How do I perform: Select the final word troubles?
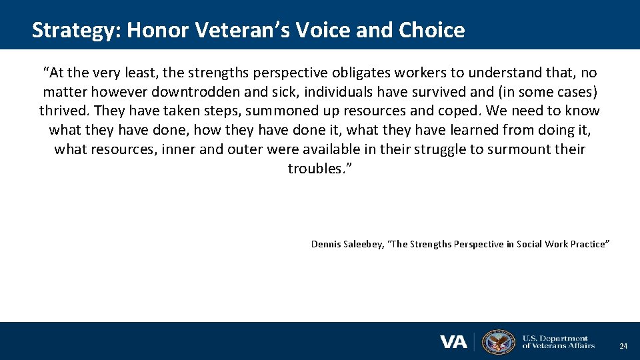[x=319, y=169]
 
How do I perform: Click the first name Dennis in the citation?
[x=325, y=244]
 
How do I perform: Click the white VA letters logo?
[x=453, y=342]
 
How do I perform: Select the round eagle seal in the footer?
[x=499, y=342]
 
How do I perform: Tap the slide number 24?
[x=623, y=346]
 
